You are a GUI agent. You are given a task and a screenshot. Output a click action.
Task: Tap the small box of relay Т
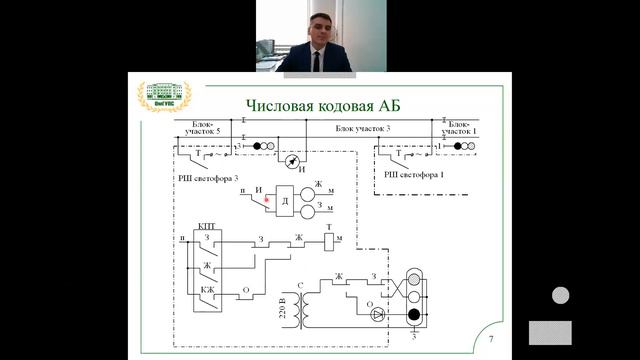coord(329,240)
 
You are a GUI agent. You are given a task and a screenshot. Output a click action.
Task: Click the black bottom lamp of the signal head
coord(413,316)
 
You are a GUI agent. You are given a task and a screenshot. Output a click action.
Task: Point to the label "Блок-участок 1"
coord(462,128)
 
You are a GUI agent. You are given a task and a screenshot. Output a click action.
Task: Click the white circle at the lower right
coord(561,296)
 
